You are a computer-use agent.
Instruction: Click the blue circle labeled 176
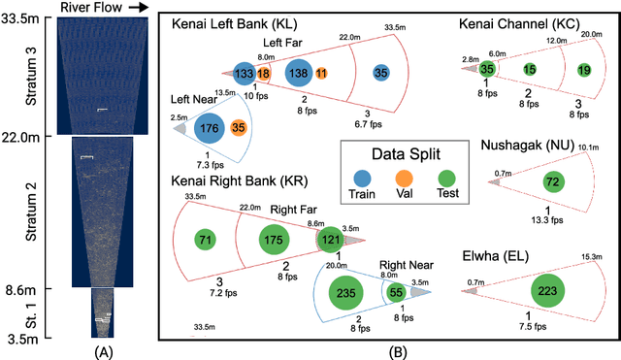click(209, 127)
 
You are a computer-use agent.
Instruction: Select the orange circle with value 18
click(263, 74)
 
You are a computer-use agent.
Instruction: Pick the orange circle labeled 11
click(321, 74)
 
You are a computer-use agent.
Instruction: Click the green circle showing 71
click(204, 239)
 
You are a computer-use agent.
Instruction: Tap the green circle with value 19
click(583, 69)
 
